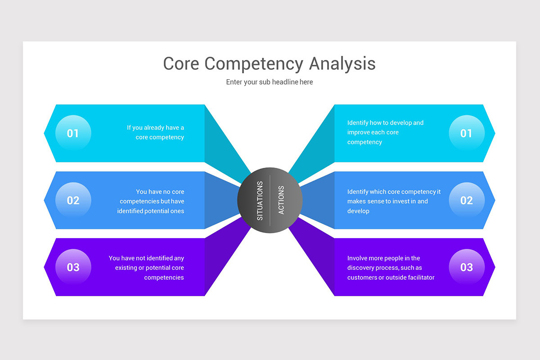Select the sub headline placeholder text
click(270, 82)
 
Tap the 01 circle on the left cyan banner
click(73, 133)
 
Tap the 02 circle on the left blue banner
click(73, 200)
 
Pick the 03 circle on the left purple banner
click(73, 267)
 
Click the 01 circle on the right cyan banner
click(467, 133)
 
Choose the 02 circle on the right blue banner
click(467, 200)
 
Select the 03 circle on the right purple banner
click(467, 267)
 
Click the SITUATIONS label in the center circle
click(260, 201)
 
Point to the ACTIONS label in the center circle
click(281, 200)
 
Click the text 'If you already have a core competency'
click(155, 132)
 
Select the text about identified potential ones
click(152, 201)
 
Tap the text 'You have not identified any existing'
click(146, 268)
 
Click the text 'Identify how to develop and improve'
click(385, 132)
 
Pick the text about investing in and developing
click(394, 201)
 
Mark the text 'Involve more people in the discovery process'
click(391, 268)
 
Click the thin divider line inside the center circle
click(270, 200)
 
